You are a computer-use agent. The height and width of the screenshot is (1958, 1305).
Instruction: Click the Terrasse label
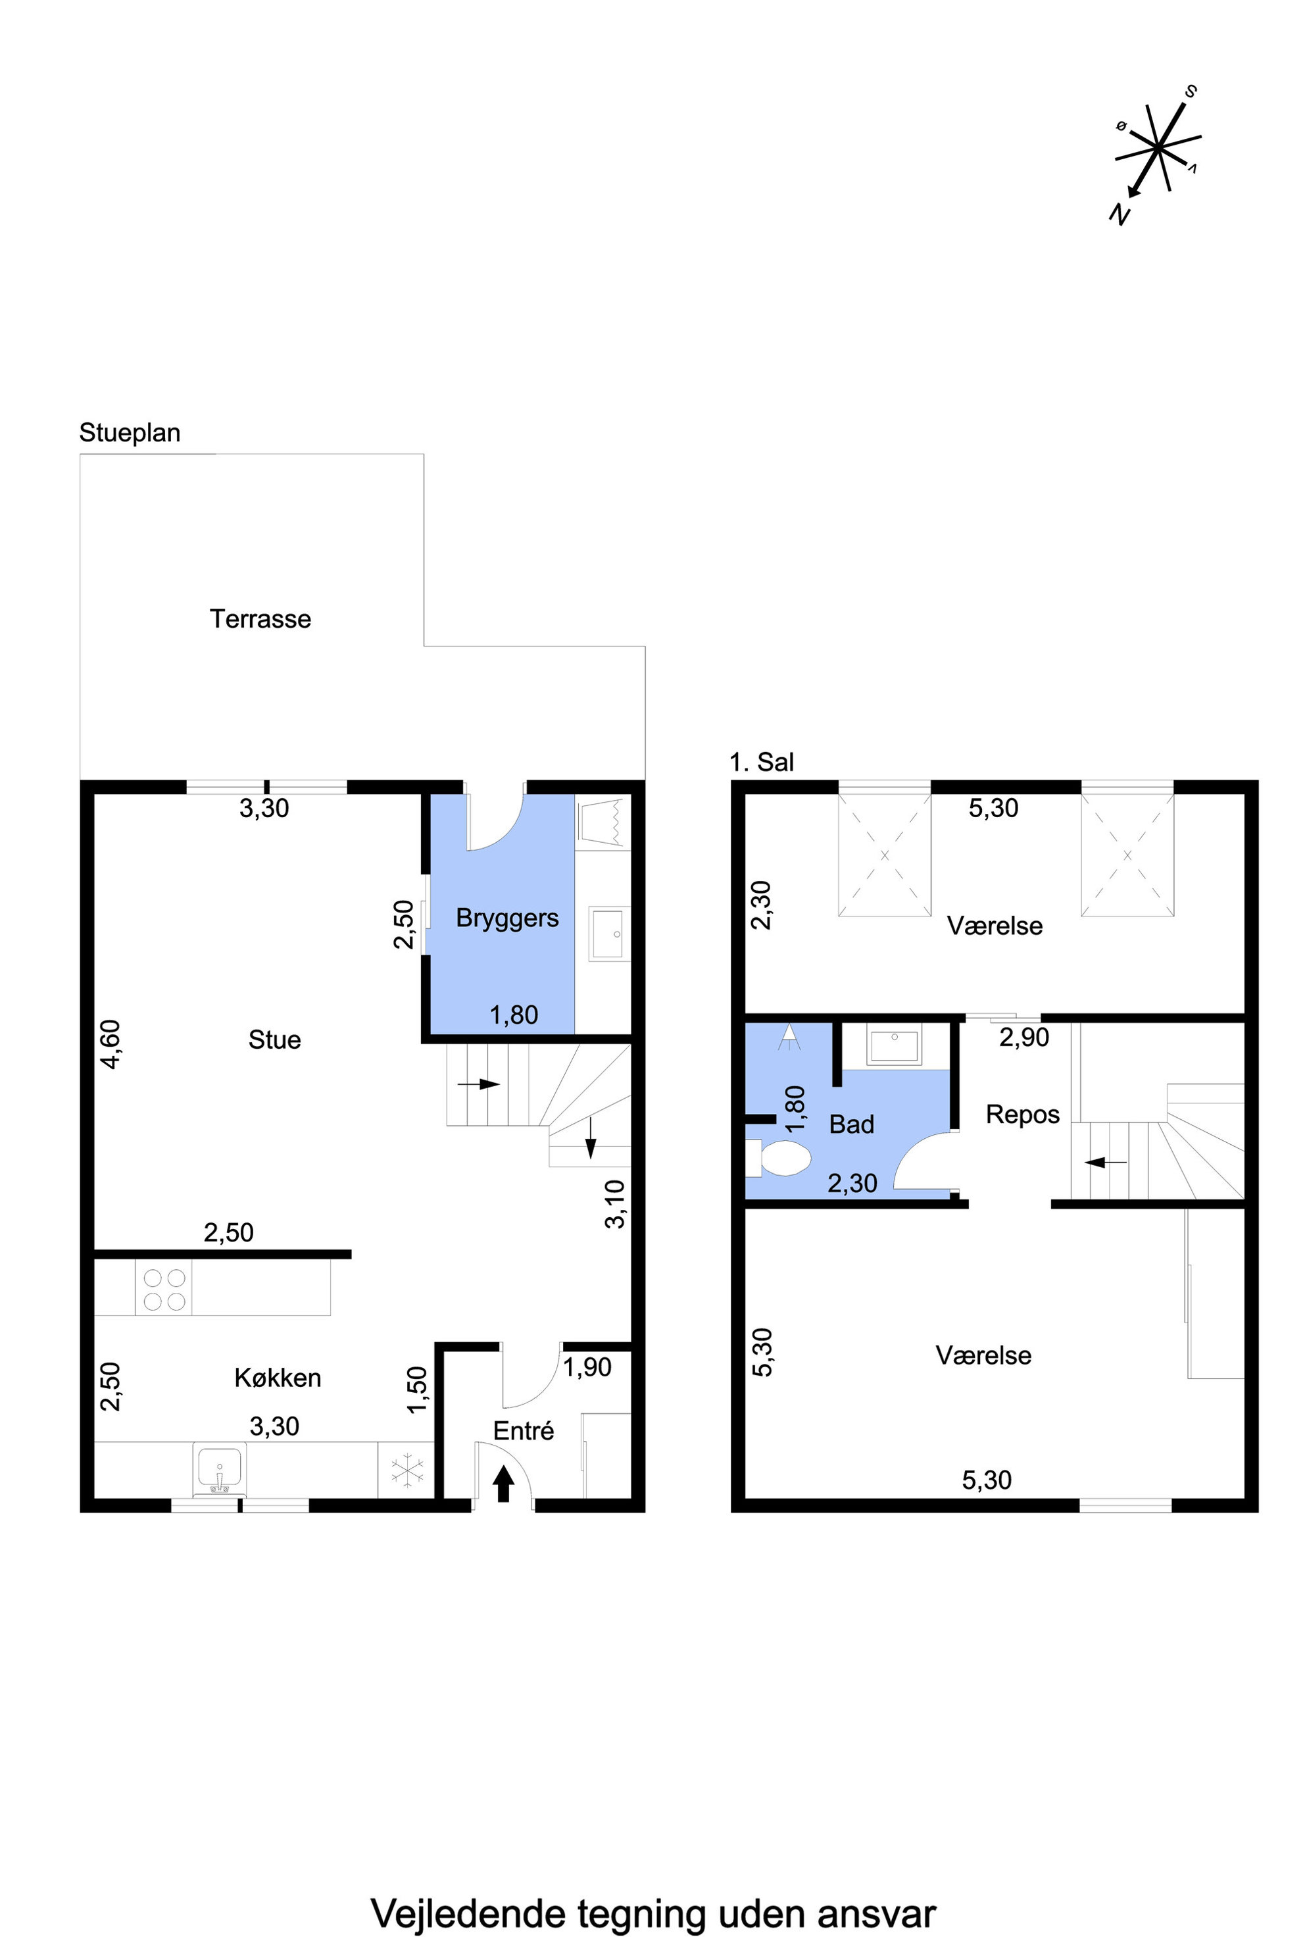(x=260, y=618)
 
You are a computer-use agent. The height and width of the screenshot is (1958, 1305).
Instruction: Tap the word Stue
(x=275, y=1040)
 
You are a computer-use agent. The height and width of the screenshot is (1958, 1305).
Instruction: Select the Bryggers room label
(x=508, y=918)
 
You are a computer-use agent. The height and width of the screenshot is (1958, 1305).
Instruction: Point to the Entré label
(x=524, y=1430)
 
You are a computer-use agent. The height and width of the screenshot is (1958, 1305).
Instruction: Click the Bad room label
(x=851, y=1124)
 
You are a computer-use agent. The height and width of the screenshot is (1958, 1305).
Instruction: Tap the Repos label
(x=1023, y=1115)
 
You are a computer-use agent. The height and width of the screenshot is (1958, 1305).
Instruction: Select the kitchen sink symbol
(x=220, y=1468)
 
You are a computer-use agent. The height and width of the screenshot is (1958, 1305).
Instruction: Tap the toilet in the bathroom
(x=778, y=1158)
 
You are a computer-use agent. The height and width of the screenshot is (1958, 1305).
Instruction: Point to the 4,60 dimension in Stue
(x=110, y=1044)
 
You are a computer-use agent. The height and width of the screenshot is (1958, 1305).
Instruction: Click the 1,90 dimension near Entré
(x=587, y=1367)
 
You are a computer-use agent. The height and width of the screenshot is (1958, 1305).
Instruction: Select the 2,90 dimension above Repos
(x=1025, y=1038)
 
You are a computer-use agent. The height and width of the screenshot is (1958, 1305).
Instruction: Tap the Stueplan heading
(x=130, y=433)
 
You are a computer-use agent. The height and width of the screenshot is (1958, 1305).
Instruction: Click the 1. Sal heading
(x=762, y=762)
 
